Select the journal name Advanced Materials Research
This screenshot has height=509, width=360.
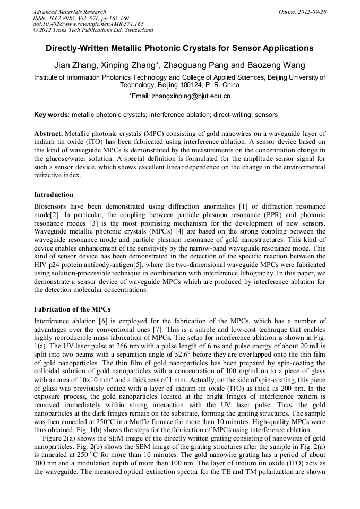tap(70, 12)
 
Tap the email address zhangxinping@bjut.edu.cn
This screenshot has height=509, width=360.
tap(191, 97)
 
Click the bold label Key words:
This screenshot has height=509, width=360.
tap(52, 115)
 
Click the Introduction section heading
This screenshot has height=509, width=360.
tap(54, 195)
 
